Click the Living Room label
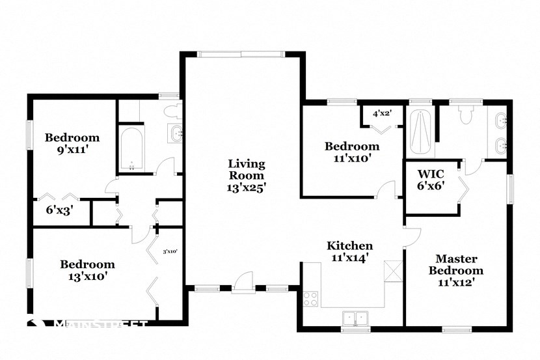pyautogui.click(x=246, y=169)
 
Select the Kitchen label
pyautogui.click(x=349, y=245)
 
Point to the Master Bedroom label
pyautogui.click(x=459, y=264)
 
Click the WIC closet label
pyautogui.click(x=430, y=174)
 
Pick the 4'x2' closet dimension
pyautogui.click(x=381, y=113)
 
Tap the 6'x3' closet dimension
pyautogui.click(x=59, y=210)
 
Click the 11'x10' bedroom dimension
pyautogui.click(x=352, y=158)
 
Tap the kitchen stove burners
pyautogui.click(x=310, y=299)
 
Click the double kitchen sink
pyautogui.click(x=355, y=318)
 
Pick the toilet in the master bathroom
pyautogui.click(x=465, y=115)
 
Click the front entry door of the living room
pyautogui.click(x=242, y=283)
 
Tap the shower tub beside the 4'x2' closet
pyautogui.click(x=421, y=131)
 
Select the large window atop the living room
pyautogui.click(x=241, y=54)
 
